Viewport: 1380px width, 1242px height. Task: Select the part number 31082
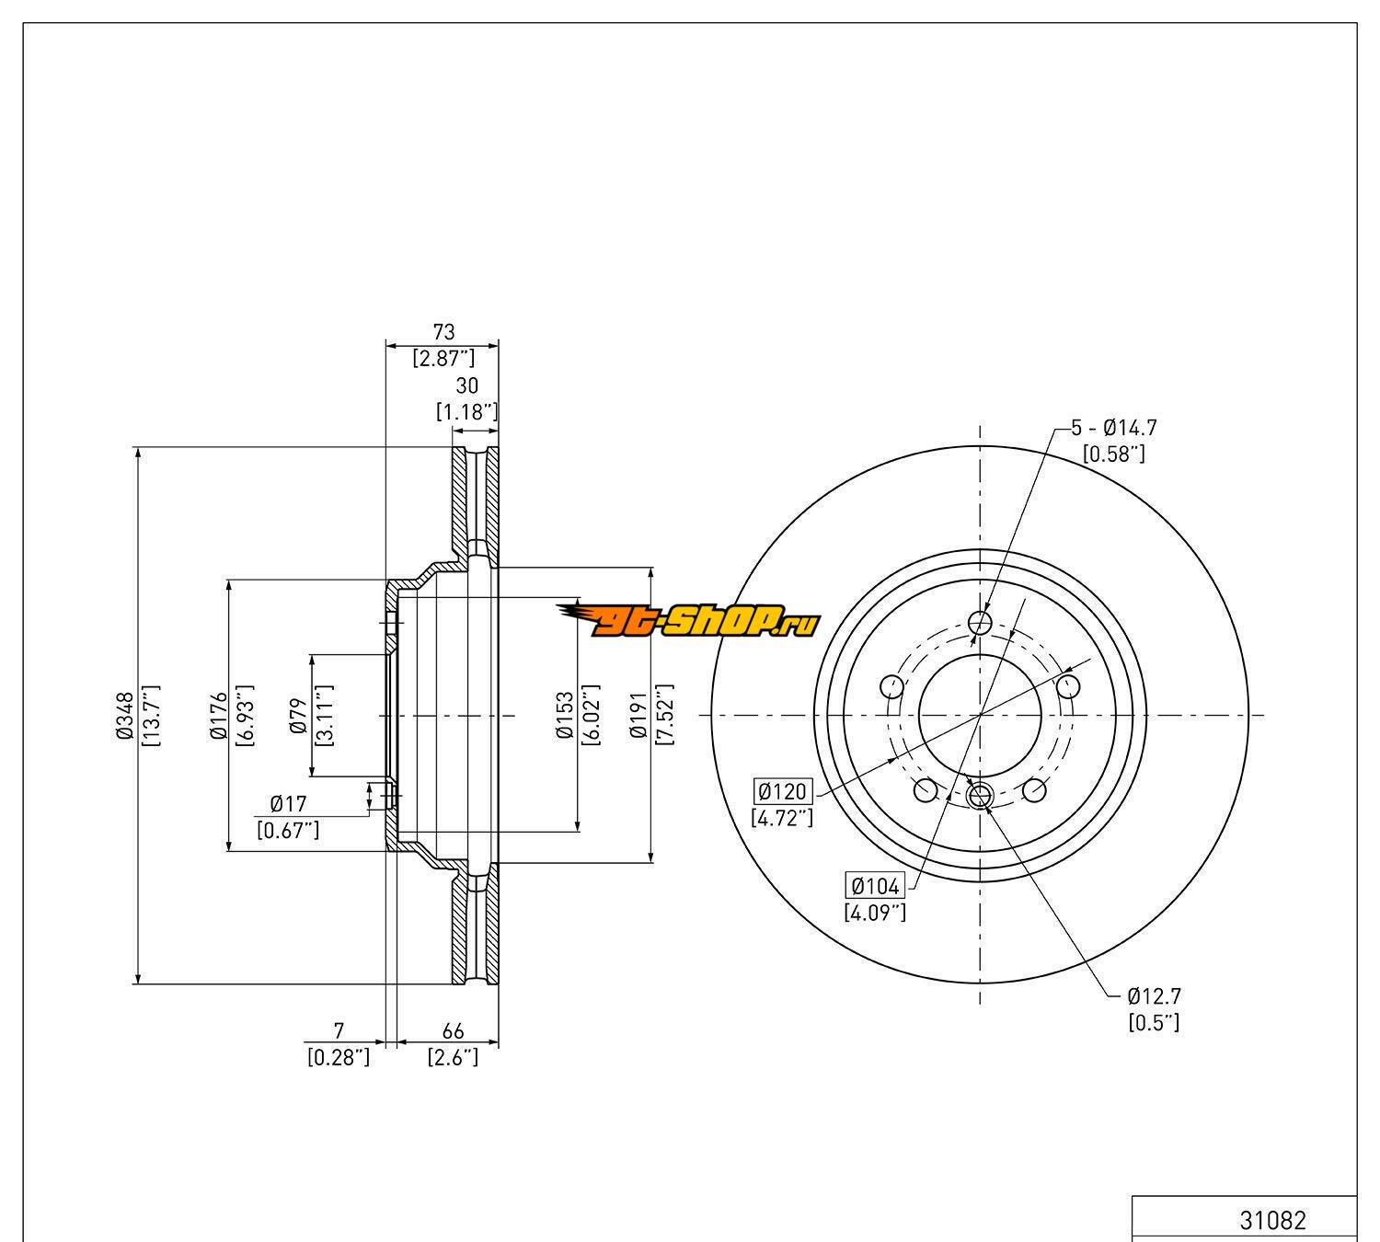click(x=1272, y=1221)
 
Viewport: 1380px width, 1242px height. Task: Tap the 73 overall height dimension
click(x=443, y=331)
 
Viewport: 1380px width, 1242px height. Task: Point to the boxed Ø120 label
click(x=783, y=791)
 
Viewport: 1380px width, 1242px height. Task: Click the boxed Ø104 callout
click(x=875, y=886)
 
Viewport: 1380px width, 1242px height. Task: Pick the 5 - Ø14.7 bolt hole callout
click(x=1113, y=428)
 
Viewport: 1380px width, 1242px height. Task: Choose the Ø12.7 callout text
click(x=1154, y=996)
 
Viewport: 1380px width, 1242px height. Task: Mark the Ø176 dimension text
click(x=218, y=716)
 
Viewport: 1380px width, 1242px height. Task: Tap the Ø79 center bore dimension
click(x=297, y=716)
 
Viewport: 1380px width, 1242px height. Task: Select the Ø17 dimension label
click(x=288, y=806)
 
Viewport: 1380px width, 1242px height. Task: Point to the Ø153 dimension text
click(x=564, y=716)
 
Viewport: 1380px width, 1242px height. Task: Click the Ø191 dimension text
click(x=638, y=716)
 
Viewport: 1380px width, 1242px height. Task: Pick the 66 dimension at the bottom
click(x=453, y=1030)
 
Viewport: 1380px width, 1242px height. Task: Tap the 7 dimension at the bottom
click(x=339, y=1030)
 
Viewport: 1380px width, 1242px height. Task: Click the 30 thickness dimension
click(x=466, y=386)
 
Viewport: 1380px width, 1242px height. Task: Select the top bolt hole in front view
click(x=982, y=624)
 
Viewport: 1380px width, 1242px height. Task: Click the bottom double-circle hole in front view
click(x=981, y=795)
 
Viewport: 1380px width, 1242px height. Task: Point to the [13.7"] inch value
click(x=152, y=716)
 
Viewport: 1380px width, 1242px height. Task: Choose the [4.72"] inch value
click(x=782, y=817)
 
